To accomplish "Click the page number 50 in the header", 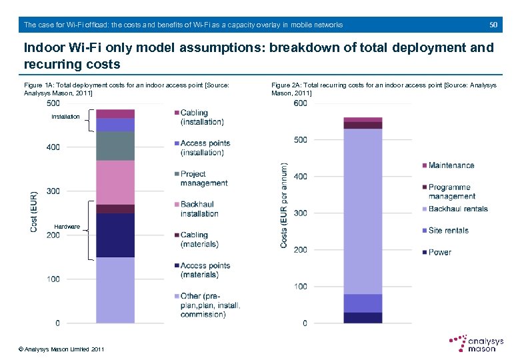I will click(493, 25).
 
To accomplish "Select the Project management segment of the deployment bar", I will click(115, 146).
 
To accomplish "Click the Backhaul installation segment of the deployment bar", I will click(115, 182).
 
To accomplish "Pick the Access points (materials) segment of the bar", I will click(115, 235).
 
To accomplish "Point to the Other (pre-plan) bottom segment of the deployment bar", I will click(115, 290).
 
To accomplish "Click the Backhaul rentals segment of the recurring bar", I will click(363, 211).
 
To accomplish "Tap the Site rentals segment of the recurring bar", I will click(363, 303).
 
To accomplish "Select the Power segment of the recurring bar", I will click(363, 317).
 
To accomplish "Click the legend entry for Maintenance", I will click(451, 165).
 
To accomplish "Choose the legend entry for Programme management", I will click(451, 191).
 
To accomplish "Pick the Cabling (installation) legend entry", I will click(202, 117).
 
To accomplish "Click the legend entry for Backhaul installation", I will click(199, 209).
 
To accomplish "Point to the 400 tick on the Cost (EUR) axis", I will click(52, 147).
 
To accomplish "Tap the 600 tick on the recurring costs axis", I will click(300, 103).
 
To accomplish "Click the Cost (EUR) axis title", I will click(34, 212).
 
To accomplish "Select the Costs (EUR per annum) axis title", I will click(284, 207).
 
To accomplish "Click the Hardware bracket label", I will click(67, 227).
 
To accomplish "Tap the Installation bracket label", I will click(66, 117).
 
